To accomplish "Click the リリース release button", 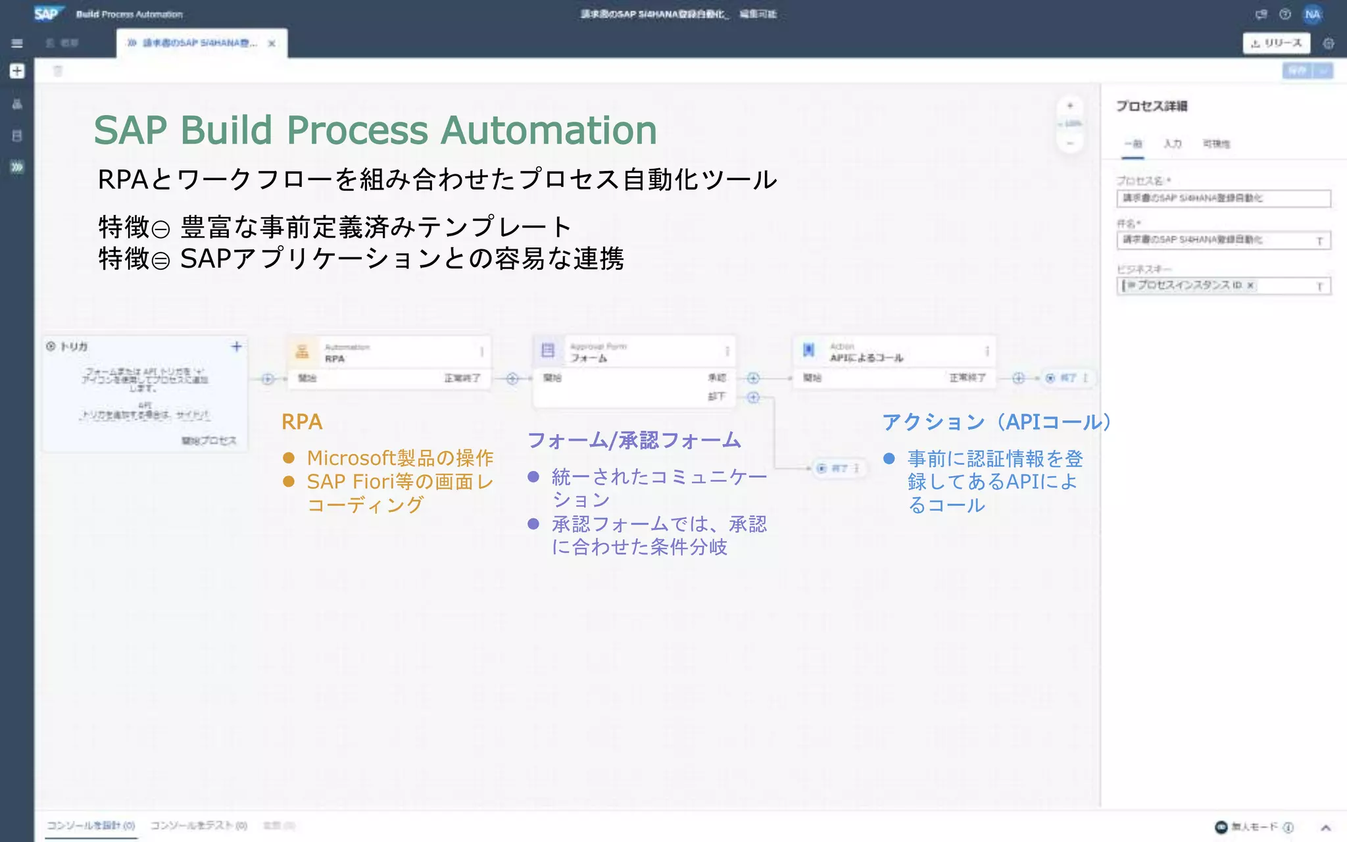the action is coord(1276,43).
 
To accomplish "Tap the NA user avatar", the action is coord(1312,14).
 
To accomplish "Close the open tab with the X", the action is coord(272,43).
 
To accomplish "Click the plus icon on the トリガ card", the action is coord(237,347).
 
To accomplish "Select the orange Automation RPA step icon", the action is coord(302,352).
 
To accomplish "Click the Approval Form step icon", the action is coord(548,351).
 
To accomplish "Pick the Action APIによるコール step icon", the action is coord(808,351).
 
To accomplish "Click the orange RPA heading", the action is coord(302,422).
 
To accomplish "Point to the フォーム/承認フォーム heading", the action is coord(634,440).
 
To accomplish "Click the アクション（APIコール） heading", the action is coord(996,422).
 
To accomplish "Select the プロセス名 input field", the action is coord(1223,199).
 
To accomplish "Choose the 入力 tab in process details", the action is coord(1172,144).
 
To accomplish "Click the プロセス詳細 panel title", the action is coord(1151,107).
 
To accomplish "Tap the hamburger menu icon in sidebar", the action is coord(17,43).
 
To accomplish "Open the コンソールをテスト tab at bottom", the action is coord(198,826).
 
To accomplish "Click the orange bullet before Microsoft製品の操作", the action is coord(288,458).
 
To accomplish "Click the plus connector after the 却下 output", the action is coord(753,397).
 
